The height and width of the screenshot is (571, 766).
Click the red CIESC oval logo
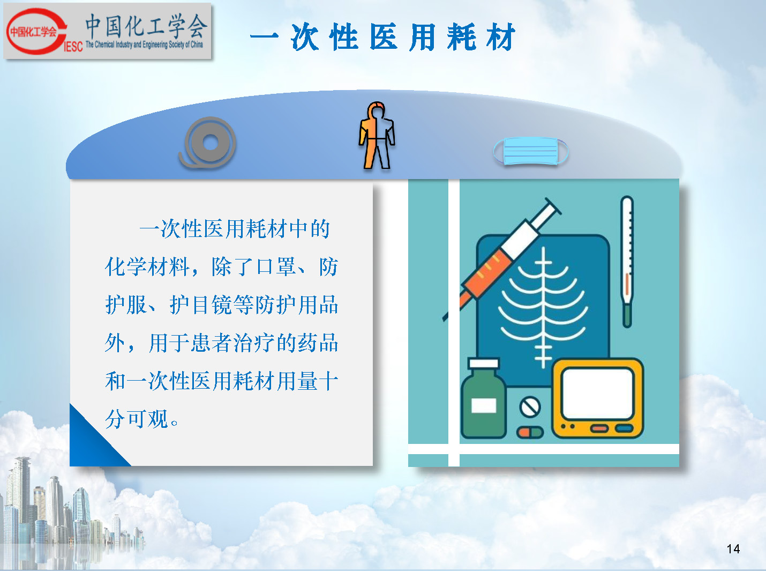36,32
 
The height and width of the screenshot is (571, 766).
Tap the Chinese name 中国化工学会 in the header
146,26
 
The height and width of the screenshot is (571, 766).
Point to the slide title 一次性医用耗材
382,37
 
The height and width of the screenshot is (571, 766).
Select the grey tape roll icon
207,143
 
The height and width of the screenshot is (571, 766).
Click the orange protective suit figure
377,135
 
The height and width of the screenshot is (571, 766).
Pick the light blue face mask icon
531,151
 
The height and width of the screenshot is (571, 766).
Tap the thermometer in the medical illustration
627,261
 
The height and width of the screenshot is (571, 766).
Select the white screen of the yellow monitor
598,393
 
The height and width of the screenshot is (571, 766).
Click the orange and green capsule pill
530,432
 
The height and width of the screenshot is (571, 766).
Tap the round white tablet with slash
530,407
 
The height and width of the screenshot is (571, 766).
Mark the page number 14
733,549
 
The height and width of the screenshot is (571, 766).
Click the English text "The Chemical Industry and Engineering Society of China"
144,45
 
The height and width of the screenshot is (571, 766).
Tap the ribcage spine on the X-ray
544,307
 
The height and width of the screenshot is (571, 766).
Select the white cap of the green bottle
484,364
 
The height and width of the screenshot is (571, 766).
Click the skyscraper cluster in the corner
69,511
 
